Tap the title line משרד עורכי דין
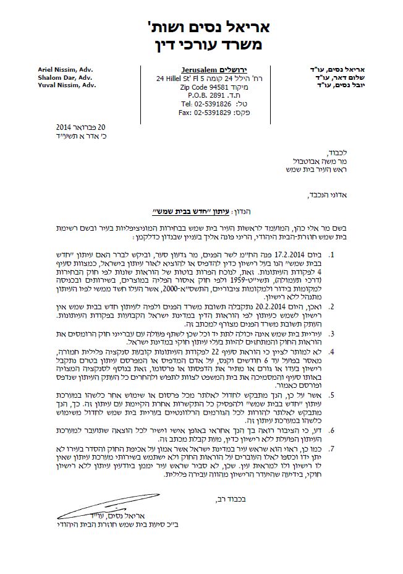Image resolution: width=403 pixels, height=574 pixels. coord(201,45)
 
